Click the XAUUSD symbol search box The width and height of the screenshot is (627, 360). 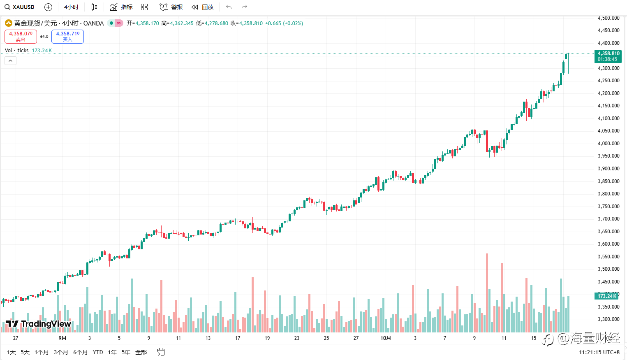pyautogui.click(x=20, y=7)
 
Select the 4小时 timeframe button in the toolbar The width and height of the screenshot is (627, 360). pyautogui.click(x=71, y=7)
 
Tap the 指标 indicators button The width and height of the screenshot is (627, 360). pyautogui.click(x=122, y=7)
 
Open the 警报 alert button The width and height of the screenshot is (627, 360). pyautogui.click(x=171, y=7)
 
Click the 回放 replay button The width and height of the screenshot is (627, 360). pyautogui.click(x=203, y=7)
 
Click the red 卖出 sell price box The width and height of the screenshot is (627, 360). pyautogui.click(x=21, y=36)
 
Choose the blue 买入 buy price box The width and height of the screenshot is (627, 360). pyautogui.click(x=67, y=36)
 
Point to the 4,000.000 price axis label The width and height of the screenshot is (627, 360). pyautogui.click(x=608, y=144)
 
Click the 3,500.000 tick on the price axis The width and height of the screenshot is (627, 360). pyautogui.click(x=608, y=269)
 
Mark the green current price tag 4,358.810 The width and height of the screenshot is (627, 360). pyautogui.click(x=608, y=56)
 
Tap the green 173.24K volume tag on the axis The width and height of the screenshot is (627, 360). pyautogui.click(x=607, y=296)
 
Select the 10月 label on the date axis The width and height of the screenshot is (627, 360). pyautogui.click(x=386, y=338)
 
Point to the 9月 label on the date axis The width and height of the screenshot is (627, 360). pyautogui.click(x=62, y=338)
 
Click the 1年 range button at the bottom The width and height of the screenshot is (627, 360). pyautogui.click(x=112, y=352)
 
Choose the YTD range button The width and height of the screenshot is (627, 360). pyautogui.click(x=98, y=352)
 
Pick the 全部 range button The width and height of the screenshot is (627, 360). pyautogui.click(x=141, y=352)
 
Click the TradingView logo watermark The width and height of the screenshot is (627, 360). pyautogui.click(x=39, y=324)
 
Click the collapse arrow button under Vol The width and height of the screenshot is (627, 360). pyautogui.click(x=10, y=61)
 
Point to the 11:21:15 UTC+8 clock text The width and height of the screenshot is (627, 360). pyautogui.click(x=599, y=352)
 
